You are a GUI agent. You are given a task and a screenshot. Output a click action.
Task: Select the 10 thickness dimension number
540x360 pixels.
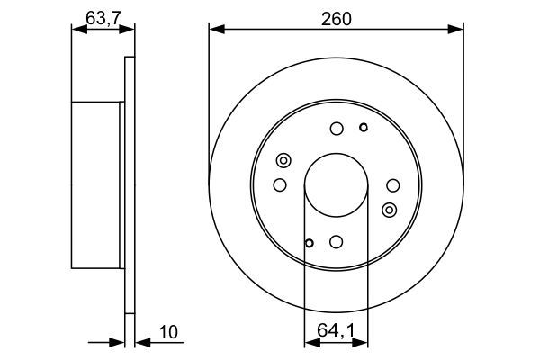tap(168, 333)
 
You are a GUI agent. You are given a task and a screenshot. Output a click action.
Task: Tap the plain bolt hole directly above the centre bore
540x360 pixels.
tap(336, 129)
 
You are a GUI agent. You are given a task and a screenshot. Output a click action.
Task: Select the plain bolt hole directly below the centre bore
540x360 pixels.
tap(336, 241)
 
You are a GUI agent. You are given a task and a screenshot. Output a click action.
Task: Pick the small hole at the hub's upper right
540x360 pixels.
tap(363, 127)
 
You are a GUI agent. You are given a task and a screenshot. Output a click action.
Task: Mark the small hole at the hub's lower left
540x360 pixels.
tap(309, 242)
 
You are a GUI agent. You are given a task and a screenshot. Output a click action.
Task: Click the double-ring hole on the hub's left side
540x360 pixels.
tap(283, 161)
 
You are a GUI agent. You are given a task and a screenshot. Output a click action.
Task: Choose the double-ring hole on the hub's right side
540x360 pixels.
tap(389, 210)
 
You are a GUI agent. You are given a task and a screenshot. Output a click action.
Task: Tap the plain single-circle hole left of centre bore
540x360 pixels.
tap(280, 185)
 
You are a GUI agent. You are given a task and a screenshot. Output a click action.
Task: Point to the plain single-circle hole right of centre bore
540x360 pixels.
tap(392, 185)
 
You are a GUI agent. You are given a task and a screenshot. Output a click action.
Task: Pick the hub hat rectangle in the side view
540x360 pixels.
tap(95, 185)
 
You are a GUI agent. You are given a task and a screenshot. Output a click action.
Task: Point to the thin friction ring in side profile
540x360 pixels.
tap(129, 185)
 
